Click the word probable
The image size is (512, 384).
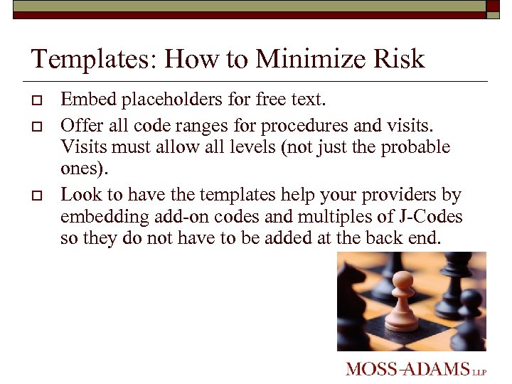tap(416, 147)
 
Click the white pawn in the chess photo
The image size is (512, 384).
tap(401, 302)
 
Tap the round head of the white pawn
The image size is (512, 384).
tap(402, 278)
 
